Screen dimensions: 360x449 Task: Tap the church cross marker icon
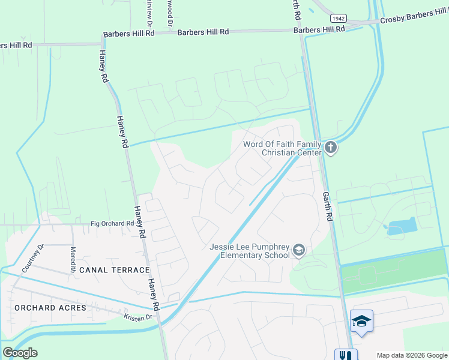pyautogui.click(x=330, y=147)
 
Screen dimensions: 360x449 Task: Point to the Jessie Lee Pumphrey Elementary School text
pyautogui.click(x=250, y=251)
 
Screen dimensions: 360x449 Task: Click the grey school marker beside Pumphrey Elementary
pyautogui.click(x=299, y=250)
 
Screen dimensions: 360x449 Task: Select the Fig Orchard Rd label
pyautogui.click(x=112, y=224)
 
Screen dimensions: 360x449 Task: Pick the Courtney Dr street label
pyautogui.click(x=33, y=259)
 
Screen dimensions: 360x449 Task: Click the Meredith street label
pyautogui.click(x=73, y=260)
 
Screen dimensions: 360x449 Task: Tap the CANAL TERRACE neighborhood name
pyautogui.click(x=113, y=270)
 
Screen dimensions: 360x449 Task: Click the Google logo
pyautogui.click(x=20, y=353)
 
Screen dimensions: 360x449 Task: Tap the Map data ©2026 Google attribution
pyautogui.click(x=411, y=355)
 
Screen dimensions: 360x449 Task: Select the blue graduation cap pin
pyautogui.click(x=361, y=322)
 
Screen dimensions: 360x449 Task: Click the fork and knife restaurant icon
pyautogui.click(x=346, y=355)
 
